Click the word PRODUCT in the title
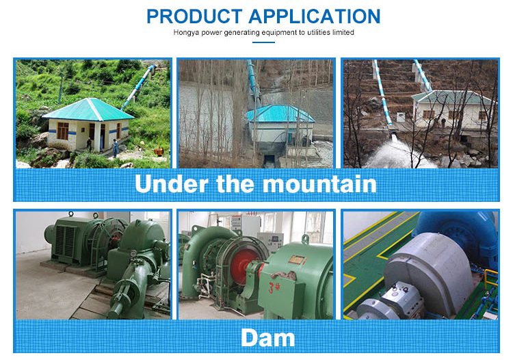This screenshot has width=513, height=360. [193, 16]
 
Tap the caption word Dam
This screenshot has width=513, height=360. [267, 337]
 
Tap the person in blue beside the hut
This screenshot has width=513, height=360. [115, 146]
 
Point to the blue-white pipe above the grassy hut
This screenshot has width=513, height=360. [140, 86]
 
